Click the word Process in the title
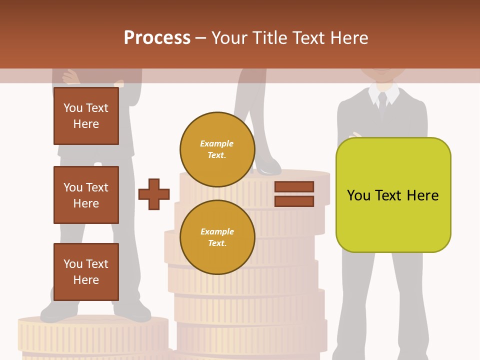coord(157,38)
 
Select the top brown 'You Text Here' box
coord(86,116)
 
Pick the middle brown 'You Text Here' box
coord(86,195)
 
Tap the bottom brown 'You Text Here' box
coord(86,272)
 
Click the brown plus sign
coord(154,194)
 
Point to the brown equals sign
coord(294,194)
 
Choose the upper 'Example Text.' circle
coord(217,149)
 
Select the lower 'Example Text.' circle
coord(217,237)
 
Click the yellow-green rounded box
coord(393,195)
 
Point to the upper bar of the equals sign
coord(294,186)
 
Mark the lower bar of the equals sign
coord(294,201)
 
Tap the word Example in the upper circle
coord(217,144)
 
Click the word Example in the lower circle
coord(217,232)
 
